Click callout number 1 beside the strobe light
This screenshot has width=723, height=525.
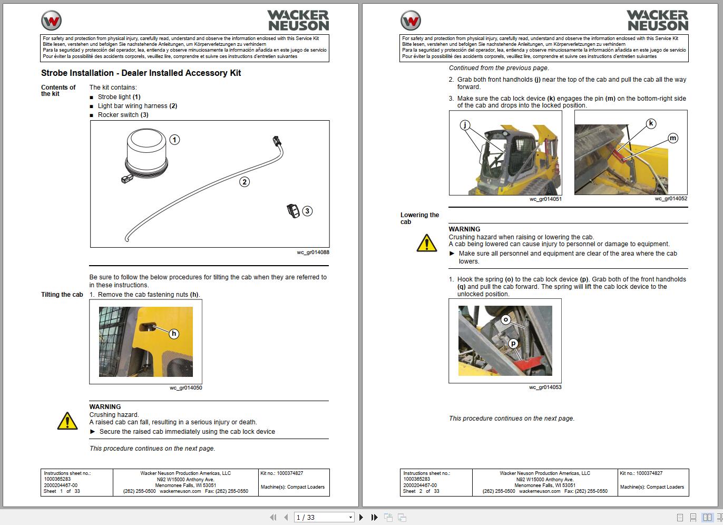[174, 140]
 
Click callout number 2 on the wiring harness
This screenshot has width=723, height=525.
[244, 182]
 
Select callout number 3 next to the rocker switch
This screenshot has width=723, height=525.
[307, 211]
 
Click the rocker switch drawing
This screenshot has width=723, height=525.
[293, 211]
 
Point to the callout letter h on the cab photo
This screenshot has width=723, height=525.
[174, 334]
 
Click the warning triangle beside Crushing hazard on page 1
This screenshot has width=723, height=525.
[67, 421]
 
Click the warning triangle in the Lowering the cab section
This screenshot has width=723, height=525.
[426, 243]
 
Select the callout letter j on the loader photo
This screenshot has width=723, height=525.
[465, 125]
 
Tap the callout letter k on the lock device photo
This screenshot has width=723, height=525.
[651, 123]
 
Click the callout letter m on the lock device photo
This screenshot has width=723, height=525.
[672, 138]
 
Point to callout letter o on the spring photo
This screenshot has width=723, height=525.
[506, 319]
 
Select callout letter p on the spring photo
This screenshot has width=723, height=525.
[513, 344]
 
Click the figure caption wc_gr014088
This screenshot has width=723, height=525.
[313, 252]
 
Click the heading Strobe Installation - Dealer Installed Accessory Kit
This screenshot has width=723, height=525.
[141, 73]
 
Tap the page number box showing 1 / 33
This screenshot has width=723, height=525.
[324, 517]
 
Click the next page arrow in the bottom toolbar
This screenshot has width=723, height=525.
[361, 517]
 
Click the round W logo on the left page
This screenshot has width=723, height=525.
[52, 21]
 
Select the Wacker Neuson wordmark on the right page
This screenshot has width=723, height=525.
[658, 21]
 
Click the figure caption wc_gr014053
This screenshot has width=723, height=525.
[545, 387]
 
